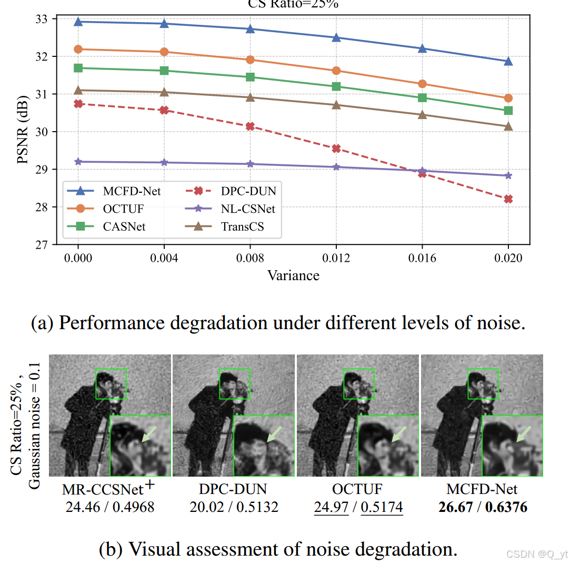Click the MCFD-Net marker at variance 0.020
pos(508,61)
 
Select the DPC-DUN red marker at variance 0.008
pos(250,126)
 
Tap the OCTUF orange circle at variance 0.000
pos(78,49)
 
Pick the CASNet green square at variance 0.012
pos(336,86)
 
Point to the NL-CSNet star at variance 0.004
pos(164,163)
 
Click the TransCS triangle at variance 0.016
pos(422,114)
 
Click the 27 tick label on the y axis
pos(41,245)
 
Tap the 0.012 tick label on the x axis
pos(336,258)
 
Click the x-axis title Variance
pos(293,275)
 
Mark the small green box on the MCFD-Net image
pos(483,383)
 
